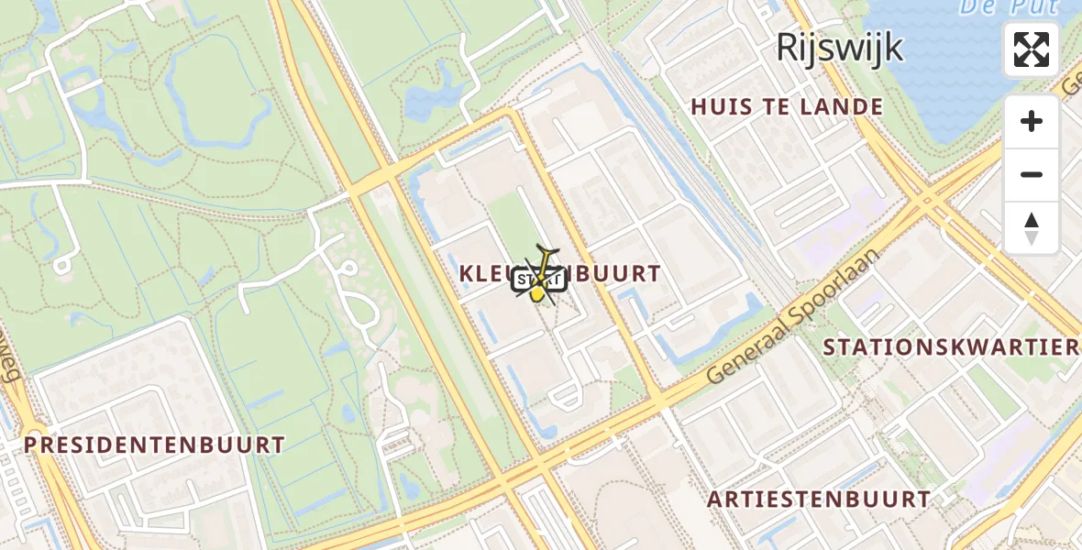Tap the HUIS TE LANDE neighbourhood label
coord(787,107)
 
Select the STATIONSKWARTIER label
coord(950,347)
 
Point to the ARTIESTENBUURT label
coord(819,500)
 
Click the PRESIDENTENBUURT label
coord(154,445)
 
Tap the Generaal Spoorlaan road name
coord(793,318)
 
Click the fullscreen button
coord(1032,49)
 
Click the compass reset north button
coord(1032,227)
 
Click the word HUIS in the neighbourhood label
coord(721,107)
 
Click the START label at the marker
coord(539,280)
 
